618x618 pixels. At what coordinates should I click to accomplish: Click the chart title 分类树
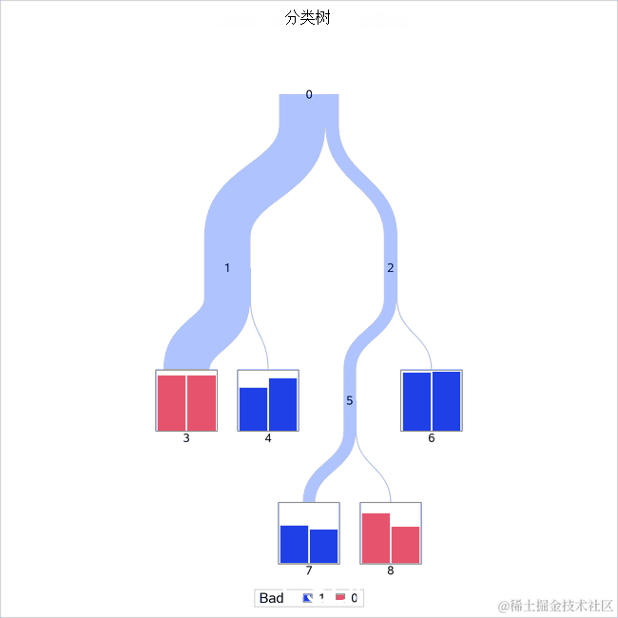coord(308,18)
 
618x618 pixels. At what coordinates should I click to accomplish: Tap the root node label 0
coord(309,94)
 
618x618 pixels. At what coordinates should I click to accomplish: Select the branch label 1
coord(227,268)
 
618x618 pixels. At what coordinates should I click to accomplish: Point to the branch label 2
coord(390,268)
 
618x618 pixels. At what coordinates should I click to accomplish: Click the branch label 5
coord(350,401)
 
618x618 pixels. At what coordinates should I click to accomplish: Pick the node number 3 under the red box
coord(186,438)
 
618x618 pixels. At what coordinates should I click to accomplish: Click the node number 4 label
coord(268,438)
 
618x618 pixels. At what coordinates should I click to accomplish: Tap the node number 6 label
coord(432,438)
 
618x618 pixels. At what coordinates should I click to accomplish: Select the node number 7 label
coord(309,570)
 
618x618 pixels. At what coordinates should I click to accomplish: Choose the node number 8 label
coord(391,570)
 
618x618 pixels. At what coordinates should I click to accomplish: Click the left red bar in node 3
coord(171,403)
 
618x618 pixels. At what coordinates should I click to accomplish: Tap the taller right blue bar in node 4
coord(283,404)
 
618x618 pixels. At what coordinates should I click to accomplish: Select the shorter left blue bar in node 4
coord(253,409)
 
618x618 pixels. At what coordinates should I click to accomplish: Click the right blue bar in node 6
coord(447,400)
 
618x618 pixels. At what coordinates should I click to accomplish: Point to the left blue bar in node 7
coord(294,544)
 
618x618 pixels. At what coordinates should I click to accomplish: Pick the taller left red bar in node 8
coord(376,538)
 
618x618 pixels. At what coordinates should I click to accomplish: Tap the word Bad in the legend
coord(272,598)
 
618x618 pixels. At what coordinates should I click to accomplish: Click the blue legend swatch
coord(307,598)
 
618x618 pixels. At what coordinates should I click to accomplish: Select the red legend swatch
coord(339,598)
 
